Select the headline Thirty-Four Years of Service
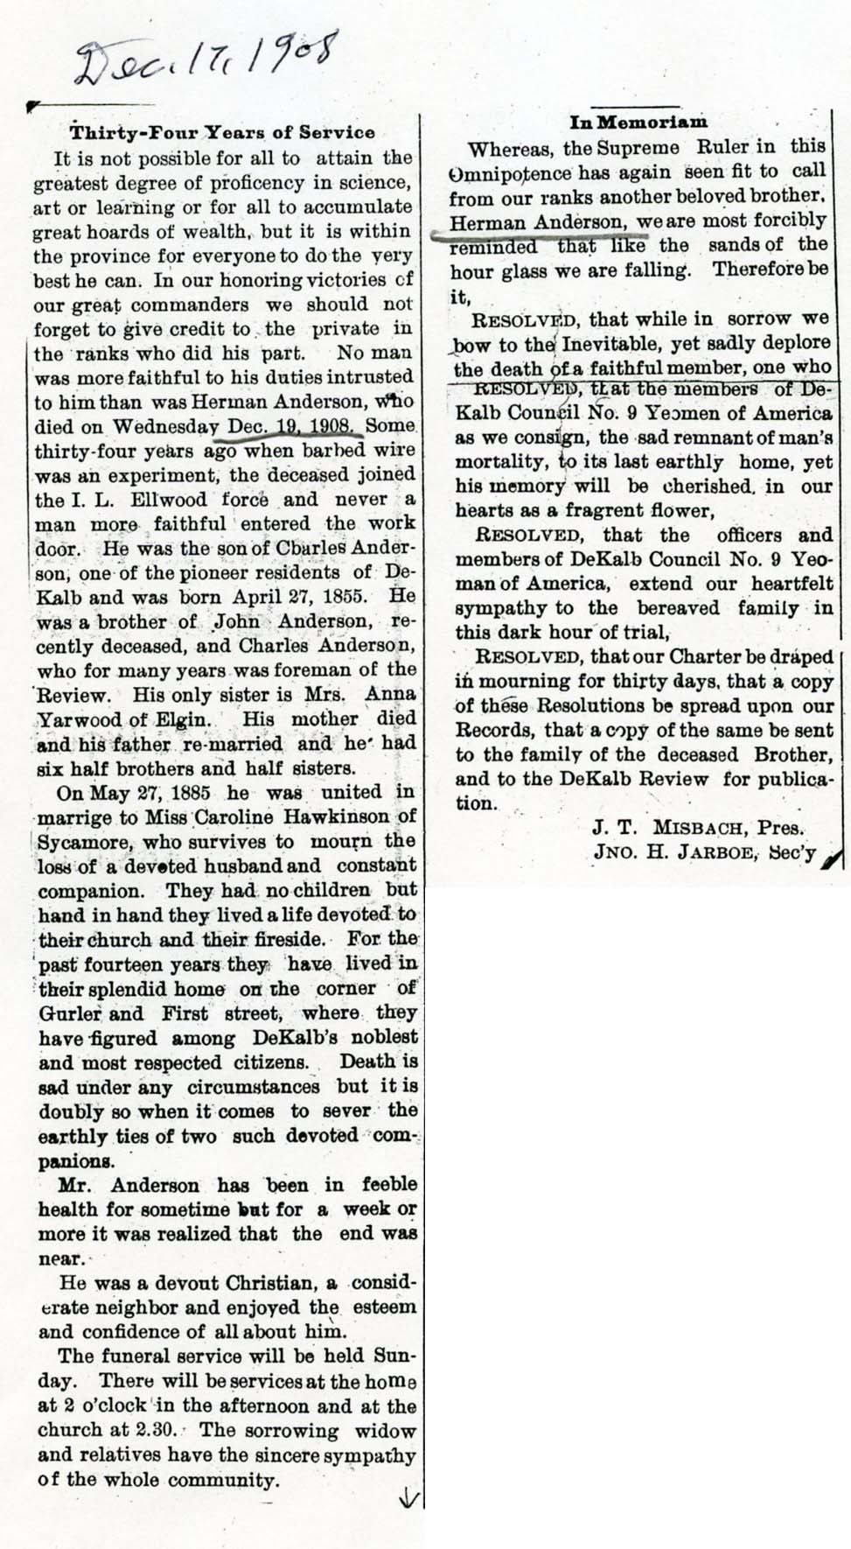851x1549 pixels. pos(222,133)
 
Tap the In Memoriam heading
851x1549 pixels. pos(638,123)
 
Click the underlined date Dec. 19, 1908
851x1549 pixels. pos(292,427)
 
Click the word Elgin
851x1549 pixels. pos(186,720)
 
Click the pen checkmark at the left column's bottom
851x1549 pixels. pos(407,1498)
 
